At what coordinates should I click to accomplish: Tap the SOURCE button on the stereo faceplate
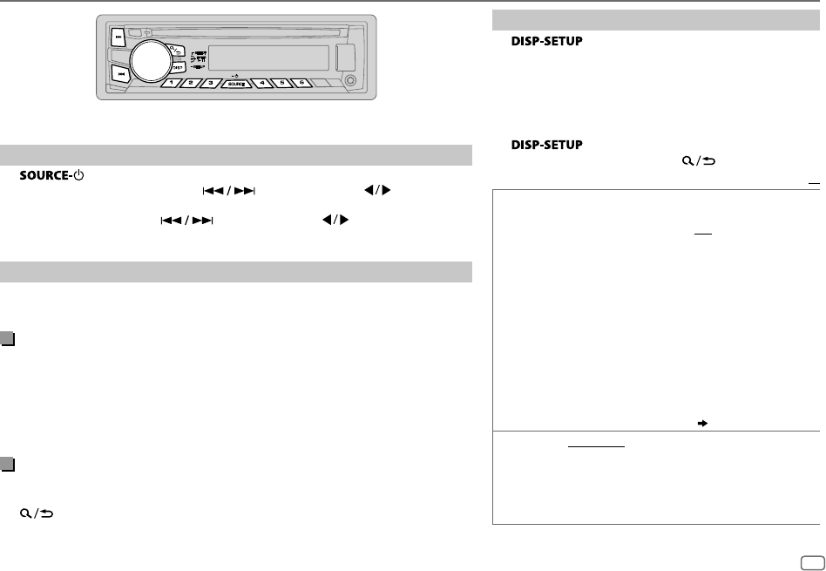click(234, 84)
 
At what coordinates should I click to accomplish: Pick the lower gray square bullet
click(8, 463)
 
